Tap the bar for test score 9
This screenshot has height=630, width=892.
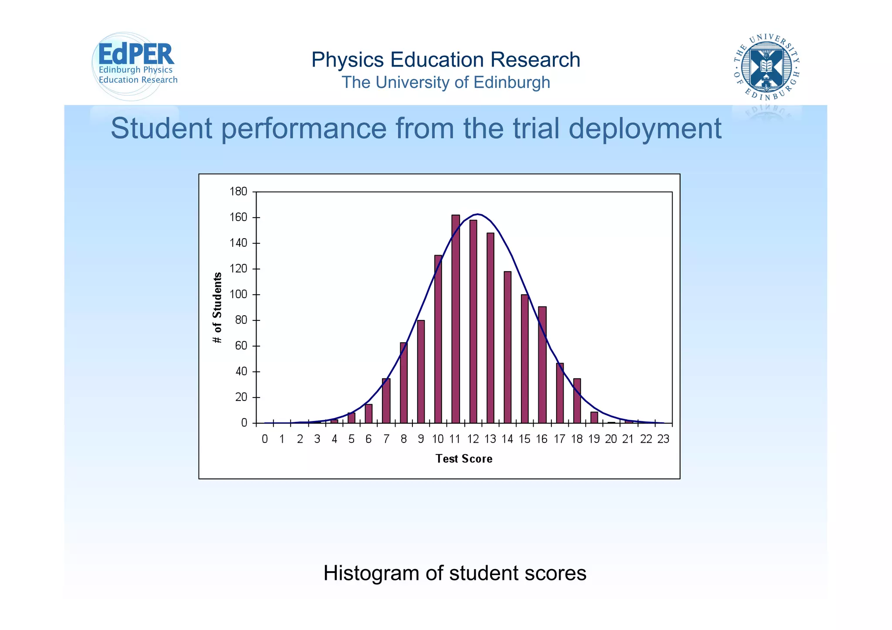[421, 372]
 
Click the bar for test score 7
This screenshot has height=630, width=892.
[386, 401]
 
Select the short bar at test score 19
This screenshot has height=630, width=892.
[594, 418]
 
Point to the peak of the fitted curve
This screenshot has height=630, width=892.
[478, 214]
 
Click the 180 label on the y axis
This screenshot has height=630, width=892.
[238, 192]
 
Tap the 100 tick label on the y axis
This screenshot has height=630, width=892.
[238, 295]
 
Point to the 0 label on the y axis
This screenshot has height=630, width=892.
[244, 423]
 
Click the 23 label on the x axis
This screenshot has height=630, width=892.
[663, 439]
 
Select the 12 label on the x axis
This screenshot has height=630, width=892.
[473, 439]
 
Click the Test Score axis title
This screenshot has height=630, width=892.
[464, 459]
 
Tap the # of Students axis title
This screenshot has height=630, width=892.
[217, 308]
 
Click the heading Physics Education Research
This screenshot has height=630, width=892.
[446, 60]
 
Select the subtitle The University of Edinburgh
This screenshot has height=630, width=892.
[446, 82]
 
